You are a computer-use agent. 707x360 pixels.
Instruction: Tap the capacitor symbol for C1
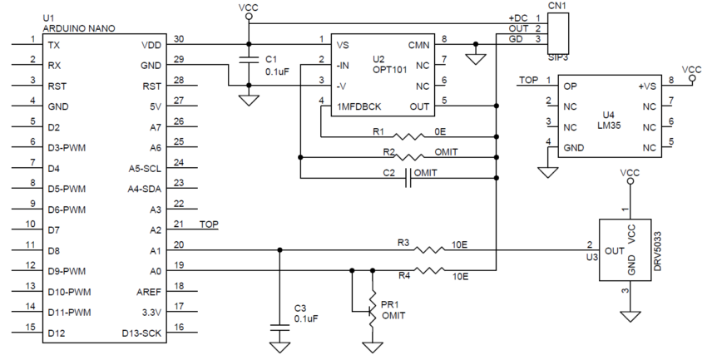[x=248, y=60]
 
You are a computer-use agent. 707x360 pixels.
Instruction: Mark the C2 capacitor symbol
[x=408, y=177]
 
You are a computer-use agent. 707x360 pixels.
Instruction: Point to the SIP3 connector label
[x=558, y=59]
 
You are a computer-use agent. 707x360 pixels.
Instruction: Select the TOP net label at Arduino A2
[x=209, y=225]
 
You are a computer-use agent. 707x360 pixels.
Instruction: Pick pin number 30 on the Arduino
[x=178, y=37]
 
